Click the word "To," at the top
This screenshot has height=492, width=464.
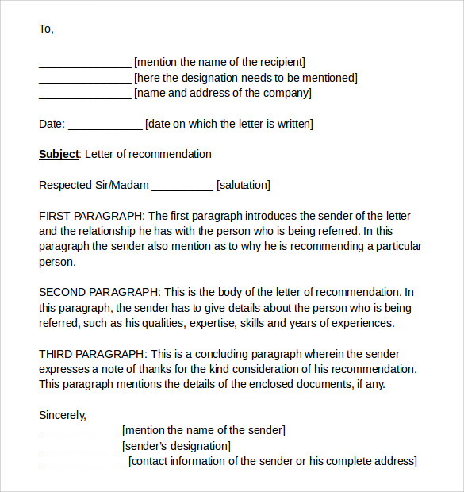tap(46, 29)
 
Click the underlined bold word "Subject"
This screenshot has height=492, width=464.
tap(59, 154)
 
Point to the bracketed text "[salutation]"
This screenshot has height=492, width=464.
tap(243, 185)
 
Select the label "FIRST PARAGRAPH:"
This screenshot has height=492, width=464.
tap(92, 216)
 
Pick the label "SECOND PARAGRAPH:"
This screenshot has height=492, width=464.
tap(100, 292)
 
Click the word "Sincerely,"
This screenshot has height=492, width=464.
tap(63, 415)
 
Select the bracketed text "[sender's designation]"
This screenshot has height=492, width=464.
tap(176, 446)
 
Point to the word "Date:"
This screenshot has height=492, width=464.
tap(52, 124)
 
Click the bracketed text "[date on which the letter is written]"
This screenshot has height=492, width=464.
tap(229, 124)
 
